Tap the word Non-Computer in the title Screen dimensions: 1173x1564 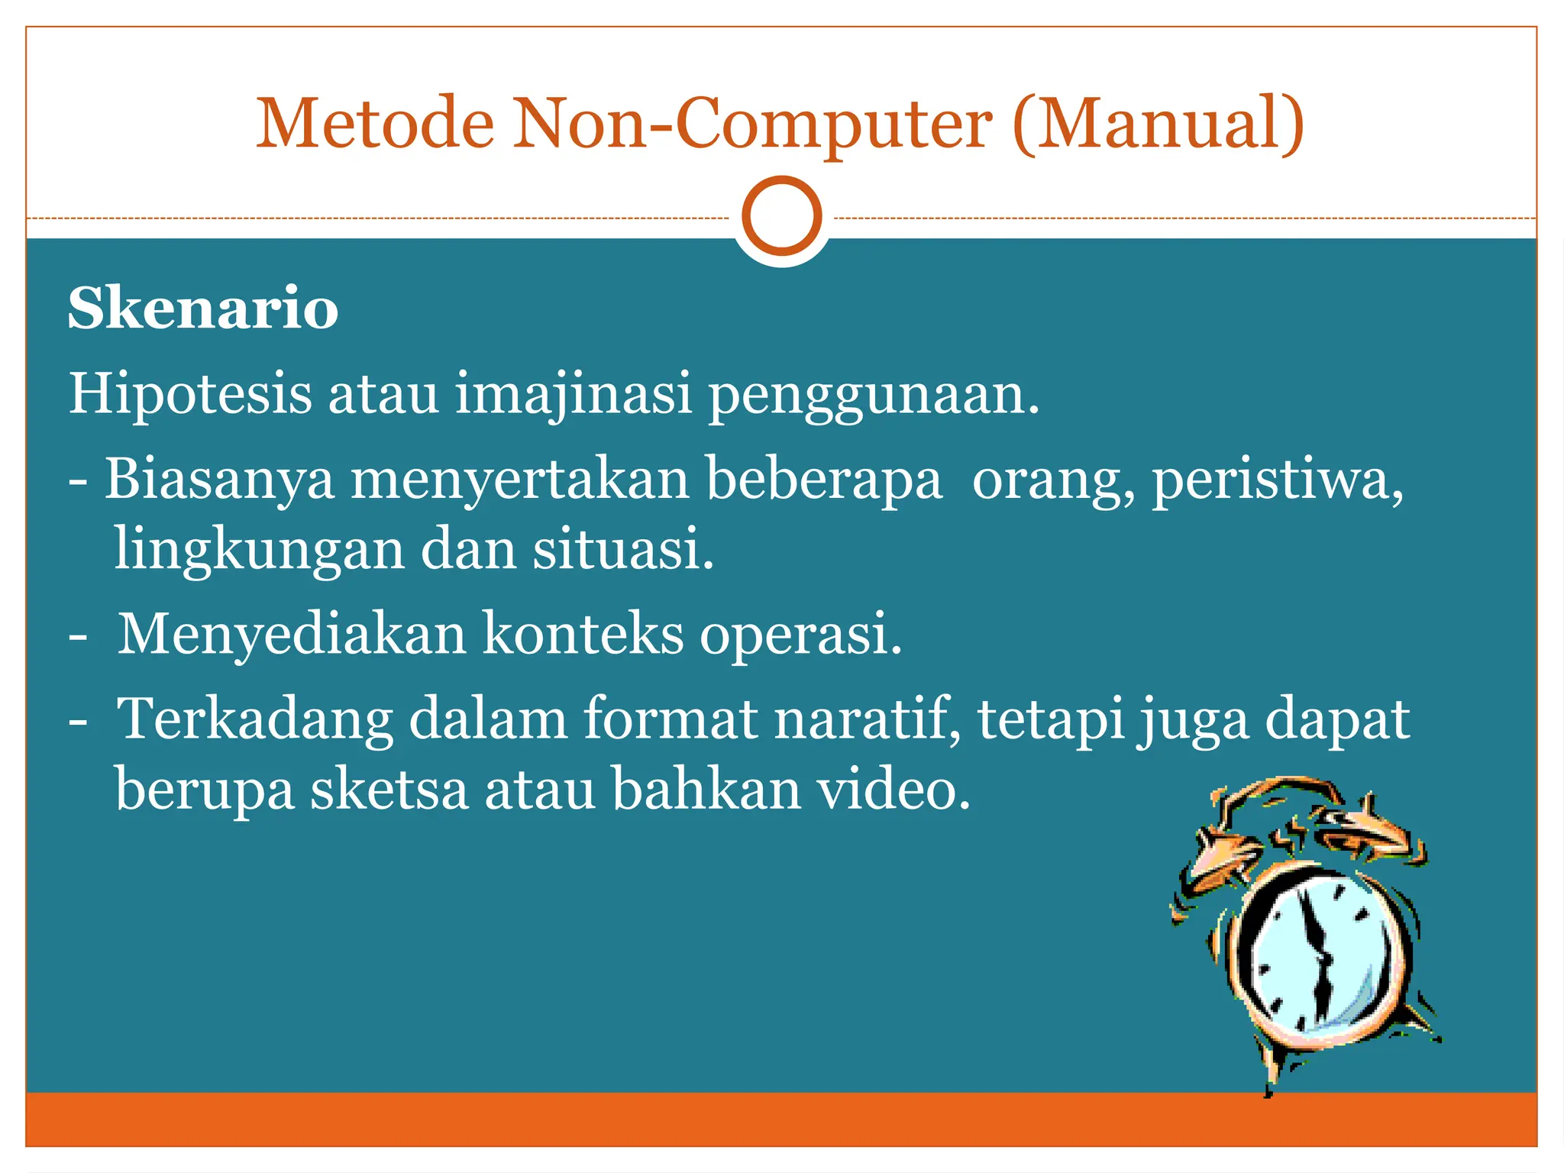tap(752, 124)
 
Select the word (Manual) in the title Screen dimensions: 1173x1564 tap(1158, 124)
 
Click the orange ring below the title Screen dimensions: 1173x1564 tap(781, 215)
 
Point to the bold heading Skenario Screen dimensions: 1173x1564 tap(203, 308)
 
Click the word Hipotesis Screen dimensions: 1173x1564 tap(190, 394)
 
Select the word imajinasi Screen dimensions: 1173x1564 tap(574, 394)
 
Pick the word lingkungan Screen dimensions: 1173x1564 tap(259, 550)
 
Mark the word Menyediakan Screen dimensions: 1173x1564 tap(292, 634)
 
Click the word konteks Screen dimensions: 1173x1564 tap(583, 634)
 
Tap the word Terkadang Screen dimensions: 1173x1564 tap(255, 719)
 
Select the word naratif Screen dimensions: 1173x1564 tap(867, 719)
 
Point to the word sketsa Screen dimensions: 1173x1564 tap(389, 790)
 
